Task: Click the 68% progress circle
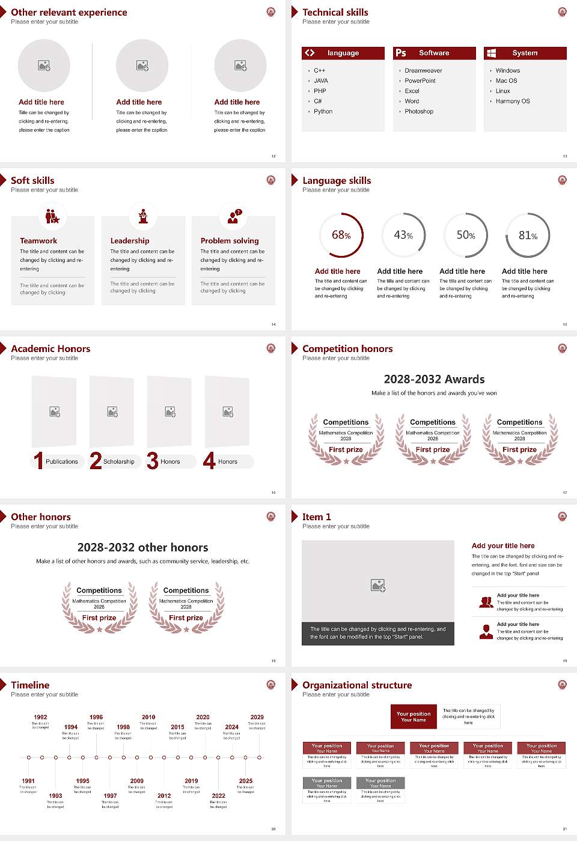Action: [x=341, y=235]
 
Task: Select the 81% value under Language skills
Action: [x=528, y=235]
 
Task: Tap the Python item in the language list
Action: [x=323, y=111]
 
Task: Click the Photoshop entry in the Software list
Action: [x=419, y=111]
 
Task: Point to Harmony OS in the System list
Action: [x=513, y=101]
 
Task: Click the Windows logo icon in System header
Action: [x=492, y=53]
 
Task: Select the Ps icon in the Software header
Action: [x=401, y=53]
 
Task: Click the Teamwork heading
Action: [x=38, y=240]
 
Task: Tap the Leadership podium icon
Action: [x=143, y=216]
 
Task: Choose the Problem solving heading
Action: [x=230, y=240]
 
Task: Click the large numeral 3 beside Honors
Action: [x=153, y=461]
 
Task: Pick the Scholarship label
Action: [x=118, y=461]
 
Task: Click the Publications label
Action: [x=61, y=461]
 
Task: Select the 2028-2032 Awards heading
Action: [x=434, y=379]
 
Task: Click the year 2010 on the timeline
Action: [x=148, y=717]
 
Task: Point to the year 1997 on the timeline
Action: [x=110, y=795]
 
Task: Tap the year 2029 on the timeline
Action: [x=257, y=717]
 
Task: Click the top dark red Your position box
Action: [x=414, y=717]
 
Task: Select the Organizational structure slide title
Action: [x=357, y=685]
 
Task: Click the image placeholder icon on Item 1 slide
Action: [x=378, y=584]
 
